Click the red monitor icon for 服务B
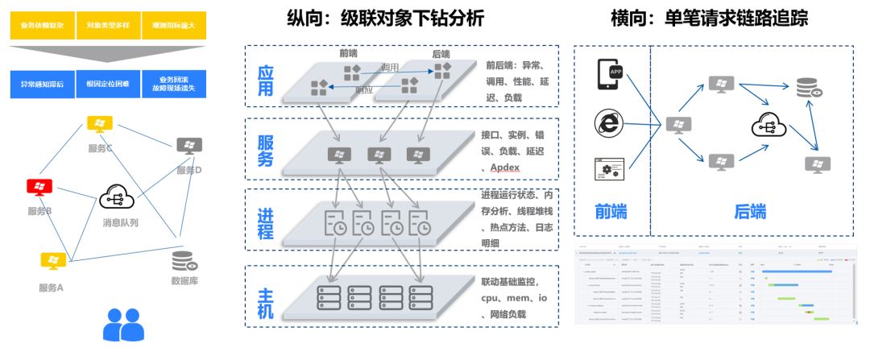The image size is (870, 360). [x=39, y=188]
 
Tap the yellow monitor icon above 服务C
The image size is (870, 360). [x=100, y=125]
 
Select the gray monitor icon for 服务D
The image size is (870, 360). [x=189, y=146]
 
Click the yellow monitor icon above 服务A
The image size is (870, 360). [x=53, y=261]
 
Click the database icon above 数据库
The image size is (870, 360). [x=184, y=262]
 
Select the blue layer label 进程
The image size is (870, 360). [x=264, y=219]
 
